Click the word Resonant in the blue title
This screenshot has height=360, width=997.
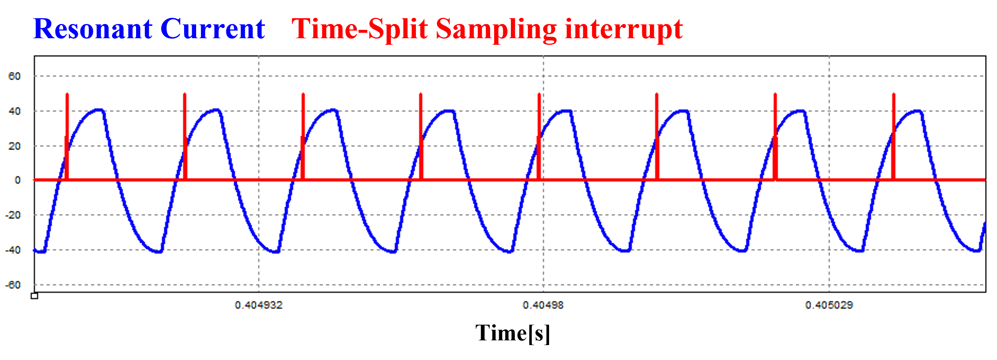(x=93, y=29)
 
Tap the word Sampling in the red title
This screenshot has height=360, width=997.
(x=496, y=30)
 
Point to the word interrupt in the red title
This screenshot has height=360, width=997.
(x=624, y=30)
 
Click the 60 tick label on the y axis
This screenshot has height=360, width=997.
(x=14, y=76)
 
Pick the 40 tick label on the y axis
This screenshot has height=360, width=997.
(x=14, y=111)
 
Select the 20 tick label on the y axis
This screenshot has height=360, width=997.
(x=14, y=146)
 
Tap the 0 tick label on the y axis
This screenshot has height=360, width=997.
(x=17, y=180)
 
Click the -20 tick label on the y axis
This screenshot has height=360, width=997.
(x=13, y=215)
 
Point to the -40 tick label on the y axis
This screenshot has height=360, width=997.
(x=13, y=250)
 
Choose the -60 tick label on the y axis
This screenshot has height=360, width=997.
(x=13, y=285)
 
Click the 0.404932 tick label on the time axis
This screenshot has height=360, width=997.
(x=259, y=305)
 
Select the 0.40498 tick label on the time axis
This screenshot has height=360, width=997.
(x=543, y=305)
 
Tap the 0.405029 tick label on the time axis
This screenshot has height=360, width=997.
(x=829, y=305)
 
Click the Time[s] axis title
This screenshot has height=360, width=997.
(x=513, y=333)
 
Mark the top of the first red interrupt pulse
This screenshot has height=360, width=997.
(x=67, y=94)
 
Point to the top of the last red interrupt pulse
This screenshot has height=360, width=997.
(x=894, y=94)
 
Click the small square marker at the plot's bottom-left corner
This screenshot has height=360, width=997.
(x=35, y=296)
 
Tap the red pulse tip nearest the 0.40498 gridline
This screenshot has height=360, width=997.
(x=539, y=94)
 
